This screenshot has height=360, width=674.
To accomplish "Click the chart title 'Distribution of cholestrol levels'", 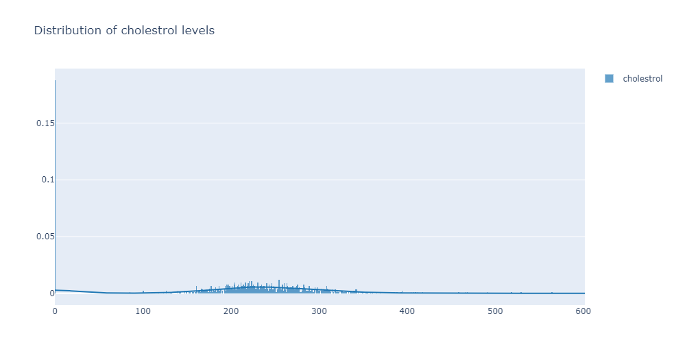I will [x=124, y=31].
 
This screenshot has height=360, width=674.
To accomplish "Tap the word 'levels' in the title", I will [x=199, y=31].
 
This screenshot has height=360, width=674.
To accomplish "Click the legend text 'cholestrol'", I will [x=642, y=79].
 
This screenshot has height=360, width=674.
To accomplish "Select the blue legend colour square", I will [x=609, y=79].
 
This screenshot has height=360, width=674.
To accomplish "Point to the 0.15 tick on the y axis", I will [x=45, y=123].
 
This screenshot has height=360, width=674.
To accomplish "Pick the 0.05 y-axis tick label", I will [x=45, y=237].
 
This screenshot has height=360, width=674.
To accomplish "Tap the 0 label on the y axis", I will [x=51, y=293].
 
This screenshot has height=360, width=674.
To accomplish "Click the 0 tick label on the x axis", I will [x=56, y=311].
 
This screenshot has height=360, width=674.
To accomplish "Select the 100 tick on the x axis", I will [x=143, y=311].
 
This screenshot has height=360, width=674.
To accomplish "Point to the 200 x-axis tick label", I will [x=231, y=311].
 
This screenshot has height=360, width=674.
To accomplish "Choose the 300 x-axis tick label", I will [x=320, y=311].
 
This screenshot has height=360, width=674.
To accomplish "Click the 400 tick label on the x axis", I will [x=407, y=311].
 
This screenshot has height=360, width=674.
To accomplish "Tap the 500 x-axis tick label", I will [x=496, y=311].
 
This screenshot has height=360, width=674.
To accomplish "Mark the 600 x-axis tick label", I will [x=583, y=311].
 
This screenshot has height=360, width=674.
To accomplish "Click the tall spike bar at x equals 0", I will [x=56, y=185].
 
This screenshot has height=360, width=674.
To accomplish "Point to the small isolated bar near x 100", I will [x=143, y=292].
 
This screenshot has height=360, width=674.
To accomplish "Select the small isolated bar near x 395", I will [x=402, y=292].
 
